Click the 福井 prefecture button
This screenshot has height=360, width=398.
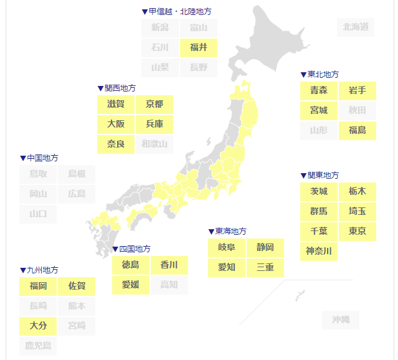pyautogui.click(x=199, y=47)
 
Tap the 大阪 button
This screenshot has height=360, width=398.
pyautogui.click(x=116, y=124)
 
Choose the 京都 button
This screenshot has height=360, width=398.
pyautogui.click(x=154, y=104)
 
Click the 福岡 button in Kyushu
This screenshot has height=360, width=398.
pyautogui.click(x=39, y=287)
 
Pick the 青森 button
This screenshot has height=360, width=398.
pyautogui.click(x=319, y=90)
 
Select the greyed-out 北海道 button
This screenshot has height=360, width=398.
pyautogui.click(x=356, y=27)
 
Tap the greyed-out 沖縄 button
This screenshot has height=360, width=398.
pyautogui.click(x=341, y=320)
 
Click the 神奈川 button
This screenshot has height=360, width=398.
pyautogui.click(x=319, y=251)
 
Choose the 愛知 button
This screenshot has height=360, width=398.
pyautogui.click(x=227, y=267)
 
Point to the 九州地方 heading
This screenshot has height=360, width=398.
pyautogui.click(x=42, y=270)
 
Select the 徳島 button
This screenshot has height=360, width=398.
pyautogui.click(x=131, y=265)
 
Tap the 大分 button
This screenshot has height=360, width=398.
pyautogui.click(x=39, y=325)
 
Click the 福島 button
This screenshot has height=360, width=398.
pyautogui.click(x=357, y=130)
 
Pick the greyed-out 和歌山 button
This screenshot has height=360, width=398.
pyautogui.click(x=154, y=144)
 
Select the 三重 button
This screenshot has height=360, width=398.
pyautogui.click(x=265, y=267)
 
